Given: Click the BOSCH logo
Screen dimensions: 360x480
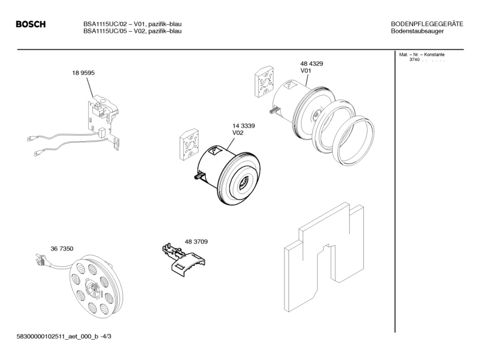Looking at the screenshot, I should coord(31,24).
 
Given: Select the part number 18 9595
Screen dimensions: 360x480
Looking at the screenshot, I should coord(83,73).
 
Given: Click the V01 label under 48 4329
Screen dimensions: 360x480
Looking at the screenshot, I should coord(306,71).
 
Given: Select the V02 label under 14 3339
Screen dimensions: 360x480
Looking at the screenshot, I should coord(238,133).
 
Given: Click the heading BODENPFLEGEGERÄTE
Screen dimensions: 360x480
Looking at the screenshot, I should coord(427,24).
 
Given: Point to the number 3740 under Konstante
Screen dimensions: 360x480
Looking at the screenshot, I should coord(414,60).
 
